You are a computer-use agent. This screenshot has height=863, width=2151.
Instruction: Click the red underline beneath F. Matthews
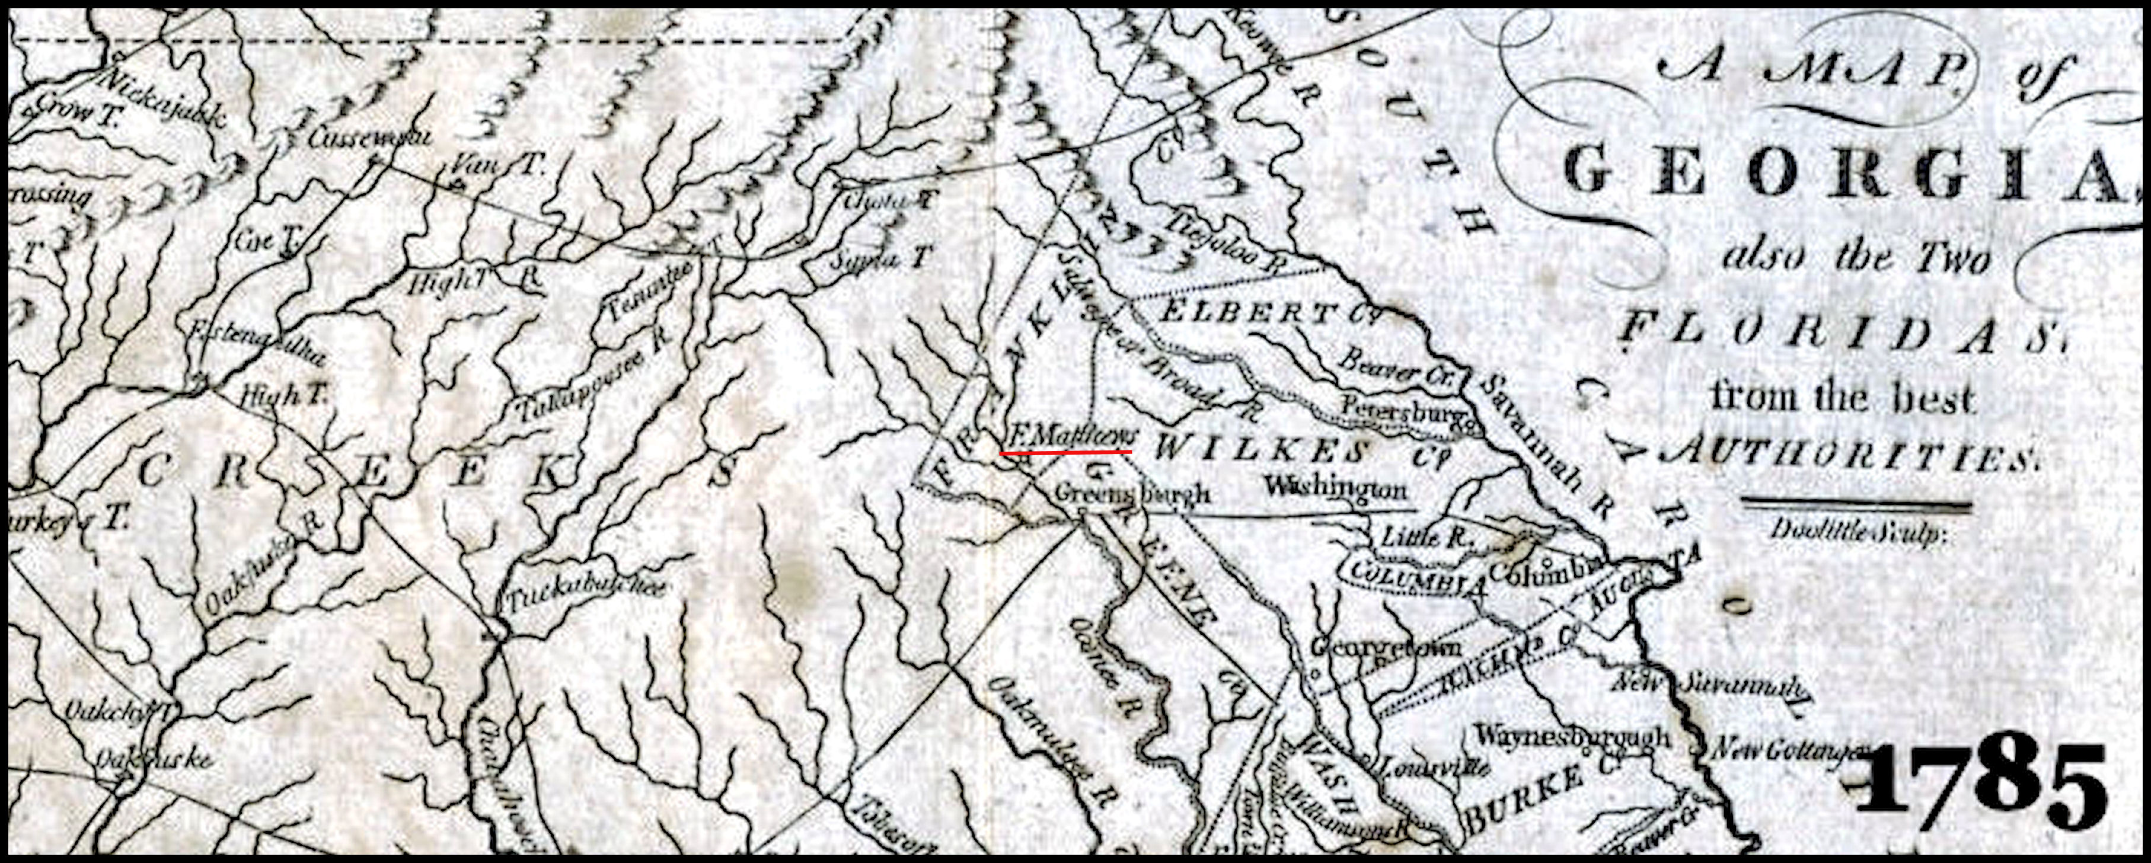click(x=1067, y=452)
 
